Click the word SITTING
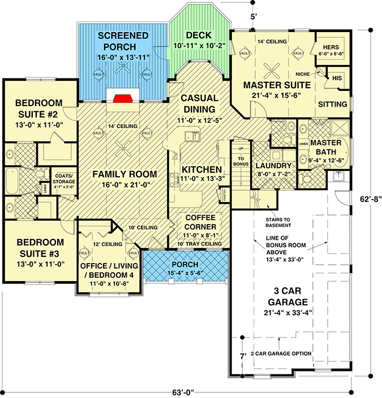[x=333, y=104]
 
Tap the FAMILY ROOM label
[x=125, y=174]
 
